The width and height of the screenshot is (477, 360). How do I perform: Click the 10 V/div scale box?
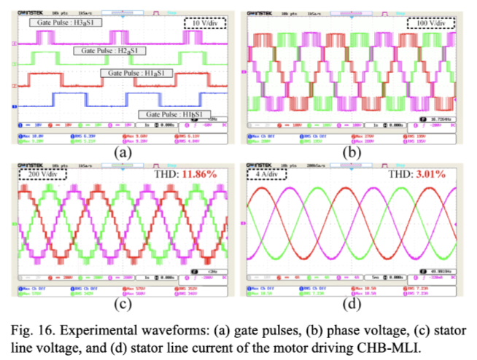(x=205, y=23)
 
